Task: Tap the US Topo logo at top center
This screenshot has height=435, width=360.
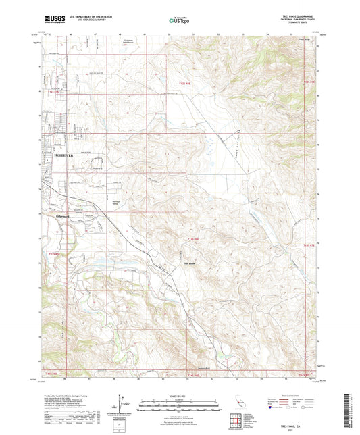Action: click(x=179, y=20)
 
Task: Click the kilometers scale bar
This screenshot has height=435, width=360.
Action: click(x=179, y=400)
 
